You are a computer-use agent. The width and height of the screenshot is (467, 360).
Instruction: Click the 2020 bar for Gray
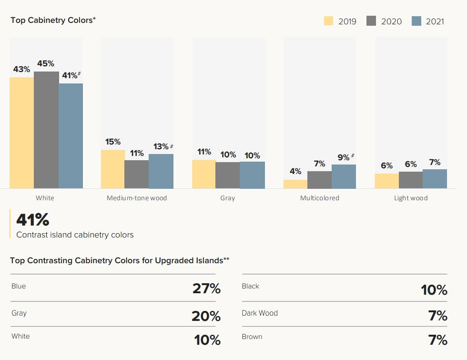coord(227,175)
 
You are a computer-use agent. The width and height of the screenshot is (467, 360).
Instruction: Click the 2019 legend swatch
coord(329,21)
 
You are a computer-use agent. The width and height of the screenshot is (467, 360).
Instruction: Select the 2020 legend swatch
coord(372,21)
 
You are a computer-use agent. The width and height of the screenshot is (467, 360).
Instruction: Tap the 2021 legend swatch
coord(416,21)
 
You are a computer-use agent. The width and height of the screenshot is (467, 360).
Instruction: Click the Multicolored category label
coord(319,198)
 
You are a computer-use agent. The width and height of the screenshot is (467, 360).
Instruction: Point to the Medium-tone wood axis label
coord(137,198)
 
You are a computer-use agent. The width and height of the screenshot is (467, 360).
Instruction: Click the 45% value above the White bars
coord(46,63)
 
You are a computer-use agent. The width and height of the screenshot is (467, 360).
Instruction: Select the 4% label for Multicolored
coord(295,171)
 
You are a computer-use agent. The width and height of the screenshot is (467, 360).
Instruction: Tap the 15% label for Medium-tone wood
coord(112,142)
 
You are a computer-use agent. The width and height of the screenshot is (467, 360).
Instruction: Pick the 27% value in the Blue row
coord(206,288)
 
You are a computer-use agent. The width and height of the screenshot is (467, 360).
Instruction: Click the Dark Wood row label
coord(260,313)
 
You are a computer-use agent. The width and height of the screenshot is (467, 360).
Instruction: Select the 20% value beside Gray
coord(206,316)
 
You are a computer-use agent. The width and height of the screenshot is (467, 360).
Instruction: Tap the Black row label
coord(251,286)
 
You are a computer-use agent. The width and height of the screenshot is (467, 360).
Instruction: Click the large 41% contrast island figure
coord(33,219)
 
